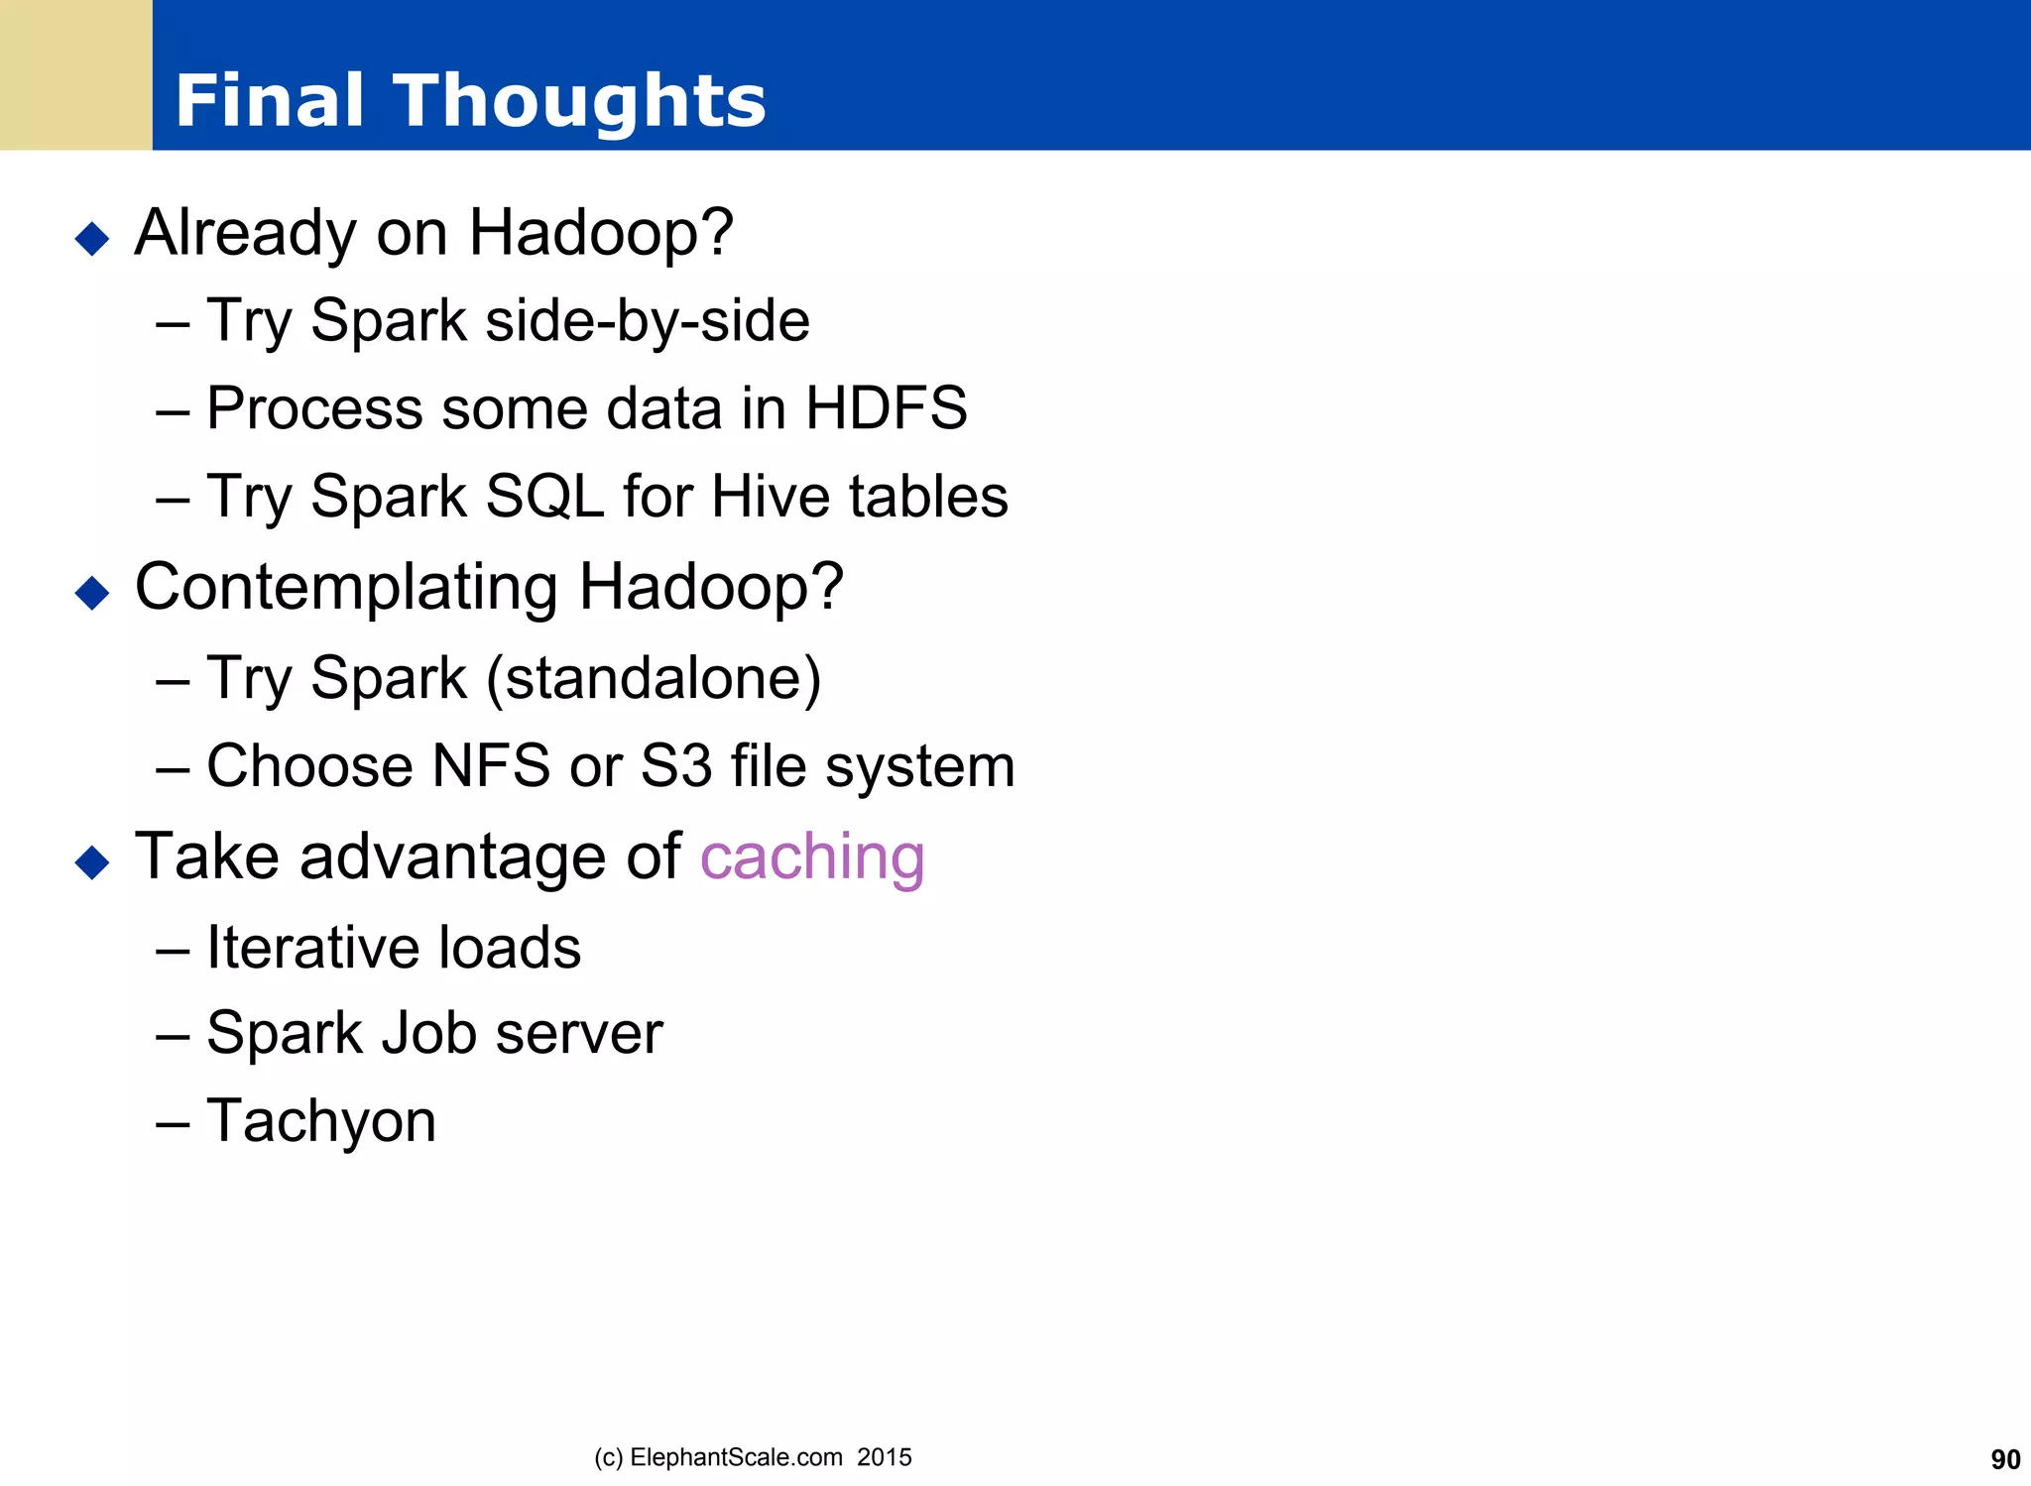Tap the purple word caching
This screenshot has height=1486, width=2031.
pyautogui.click(x=812, y=857)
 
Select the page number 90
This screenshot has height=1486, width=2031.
pyautogui.click(x=2004, y=1459)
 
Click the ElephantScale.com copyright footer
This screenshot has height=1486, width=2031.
pyautogui.click(x=752, y=1457)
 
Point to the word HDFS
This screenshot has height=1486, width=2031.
pyautogui.click(x=886, y=408)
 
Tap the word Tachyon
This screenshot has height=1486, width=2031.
pyautogui.click(x=321, y=1121)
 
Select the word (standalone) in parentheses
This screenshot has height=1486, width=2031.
pyautogui.click(x=654, y=679)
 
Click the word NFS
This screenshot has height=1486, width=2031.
pyautogui.click(x=491, y=766)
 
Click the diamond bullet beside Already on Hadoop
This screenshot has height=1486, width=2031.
pyautogui.click(x=92, y=238)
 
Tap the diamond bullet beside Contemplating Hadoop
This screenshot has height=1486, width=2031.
pyautogui.click(x=92, y=593)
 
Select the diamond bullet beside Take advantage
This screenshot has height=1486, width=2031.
pyautogui.click(x=92, y=861)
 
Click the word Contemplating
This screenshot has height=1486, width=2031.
pyautogui.click(x=346, y=587)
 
